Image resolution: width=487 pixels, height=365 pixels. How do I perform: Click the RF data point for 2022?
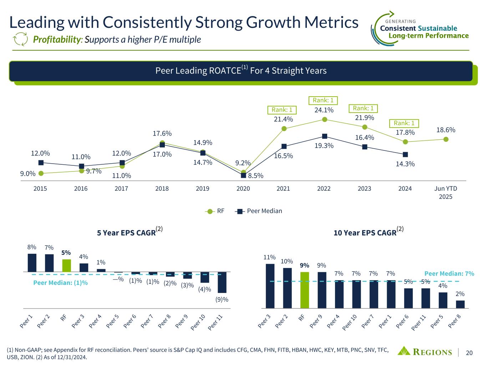point(324,119)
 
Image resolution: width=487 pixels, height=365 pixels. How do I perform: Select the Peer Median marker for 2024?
point(405,154)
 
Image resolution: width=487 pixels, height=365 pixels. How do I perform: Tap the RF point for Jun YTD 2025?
point(446,139)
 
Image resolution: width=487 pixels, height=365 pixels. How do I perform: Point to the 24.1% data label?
point(324,110)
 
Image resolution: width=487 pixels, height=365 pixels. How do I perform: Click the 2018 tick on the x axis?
point(162,189)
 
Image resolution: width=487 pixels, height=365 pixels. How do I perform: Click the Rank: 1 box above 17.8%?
point(404,123)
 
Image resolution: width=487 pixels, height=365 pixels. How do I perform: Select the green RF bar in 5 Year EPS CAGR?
point(66,266)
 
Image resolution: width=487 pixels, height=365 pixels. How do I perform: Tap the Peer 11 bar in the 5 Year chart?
point(222,282)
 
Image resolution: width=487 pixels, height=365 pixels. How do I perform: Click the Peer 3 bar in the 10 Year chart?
point(270,286)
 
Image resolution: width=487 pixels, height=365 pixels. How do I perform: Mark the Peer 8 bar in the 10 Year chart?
point(460,304)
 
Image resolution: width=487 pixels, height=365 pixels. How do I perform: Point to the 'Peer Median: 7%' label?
point(449,274)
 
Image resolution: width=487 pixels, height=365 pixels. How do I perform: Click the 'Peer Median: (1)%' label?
point(60,283)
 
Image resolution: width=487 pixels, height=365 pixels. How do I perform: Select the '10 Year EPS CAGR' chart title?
point(365,233)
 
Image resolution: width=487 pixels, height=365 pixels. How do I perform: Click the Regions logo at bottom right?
point(425,352)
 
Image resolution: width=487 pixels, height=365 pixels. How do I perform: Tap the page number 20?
point(469,353)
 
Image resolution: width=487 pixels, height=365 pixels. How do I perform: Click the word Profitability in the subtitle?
point(57,39)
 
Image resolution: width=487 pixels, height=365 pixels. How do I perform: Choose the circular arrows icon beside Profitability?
point(20,39)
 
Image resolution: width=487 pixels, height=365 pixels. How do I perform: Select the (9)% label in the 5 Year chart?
point(222,299)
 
